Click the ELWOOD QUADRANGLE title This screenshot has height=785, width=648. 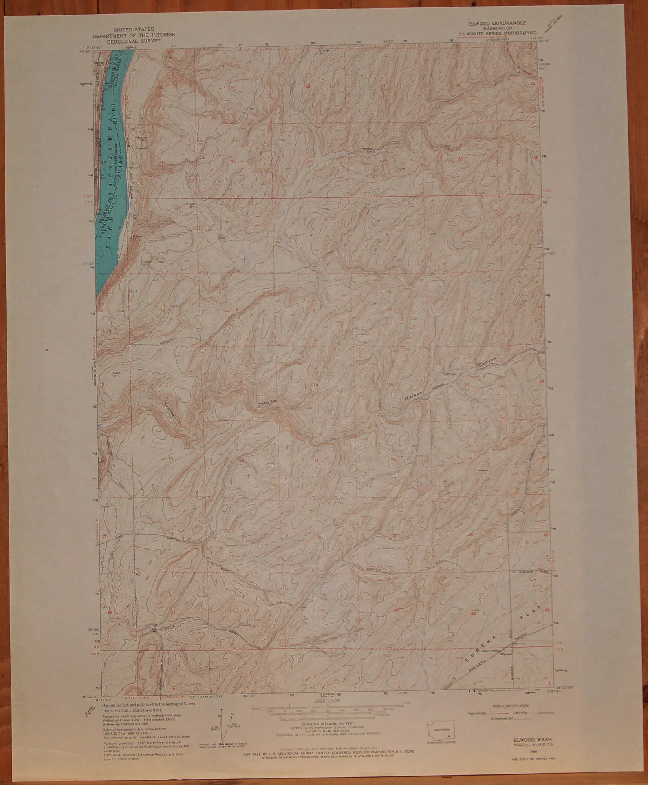(496, 24)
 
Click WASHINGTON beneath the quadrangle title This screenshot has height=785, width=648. (496, 28)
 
